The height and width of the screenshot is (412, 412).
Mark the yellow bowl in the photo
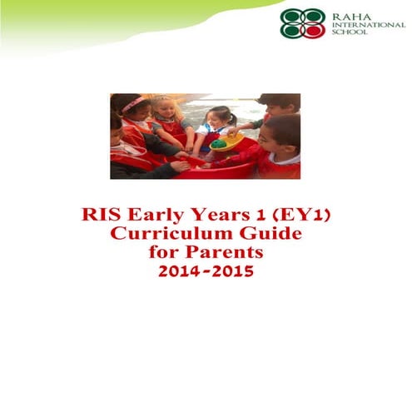pos(228,143)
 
